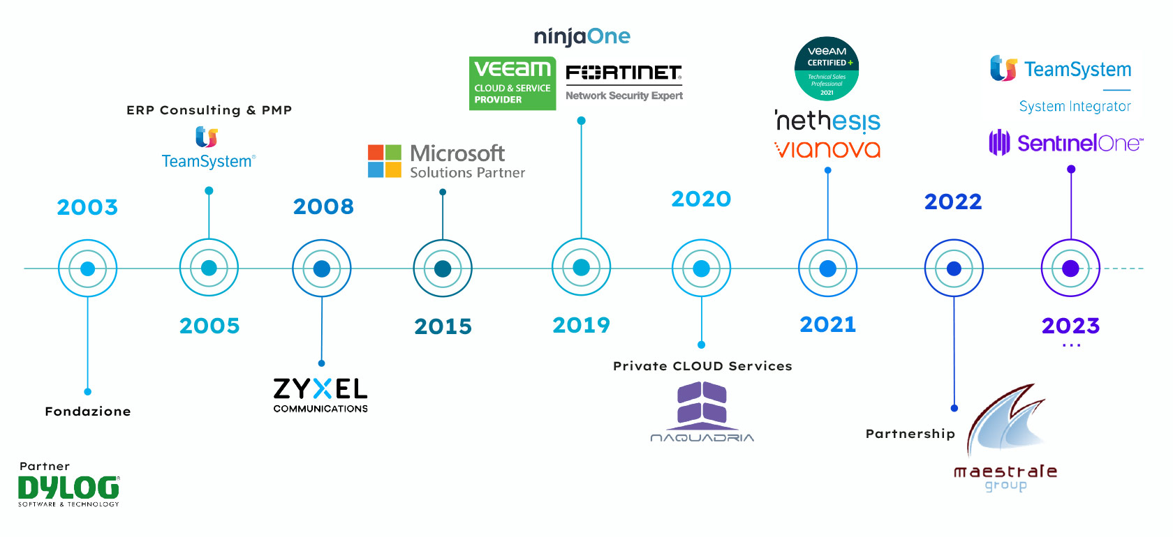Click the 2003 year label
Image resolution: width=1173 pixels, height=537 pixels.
pyautogui.click(x=87, y=207)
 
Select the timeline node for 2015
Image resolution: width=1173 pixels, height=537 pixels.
pyautogui.click(x=443, y=268)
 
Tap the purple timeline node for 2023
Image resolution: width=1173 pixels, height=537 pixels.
pyautogui.click(x=1070, y=268)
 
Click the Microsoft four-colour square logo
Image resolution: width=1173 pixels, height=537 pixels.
pyautogui.click(x=385, y=161)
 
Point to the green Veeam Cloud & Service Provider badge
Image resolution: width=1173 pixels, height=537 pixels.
pyautogui.click(x=512, y=84)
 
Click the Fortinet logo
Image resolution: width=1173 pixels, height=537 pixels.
pyautogui.click(x=624, y=73)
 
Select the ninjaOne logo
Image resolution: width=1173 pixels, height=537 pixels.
pyautogui.click(x=582, y=36)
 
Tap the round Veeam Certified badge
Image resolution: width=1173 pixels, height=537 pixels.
pyautogui.click(x=827, y=68)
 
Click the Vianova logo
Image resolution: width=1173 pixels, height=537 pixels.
pyautogui.click(x=827, y=149)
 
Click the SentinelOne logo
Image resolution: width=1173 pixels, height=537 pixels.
pyautogui.click(x=1066, y=143)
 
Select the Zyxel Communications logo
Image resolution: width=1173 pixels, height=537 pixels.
pyautogui.click(x=320, y=395)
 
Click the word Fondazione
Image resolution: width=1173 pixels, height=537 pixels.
pyautogui.click(x=88, y=411)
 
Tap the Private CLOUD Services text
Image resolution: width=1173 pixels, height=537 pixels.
pyautogui.click(x=702, y=366)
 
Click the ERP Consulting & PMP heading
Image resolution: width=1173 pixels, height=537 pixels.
pyautogui.click(x=209, y=110)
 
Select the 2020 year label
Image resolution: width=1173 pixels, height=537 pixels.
pyautogui.click(x=701, y=199)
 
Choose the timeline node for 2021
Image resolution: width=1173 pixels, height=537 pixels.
pyautogui.click(x=827, y=268)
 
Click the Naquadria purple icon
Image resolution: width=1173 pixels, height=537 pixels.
pyautogui.click(x=702, y=404)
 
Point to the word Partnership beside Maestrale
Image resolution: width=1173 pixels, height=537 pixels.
pyautogui.click(x=910, y=434)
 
